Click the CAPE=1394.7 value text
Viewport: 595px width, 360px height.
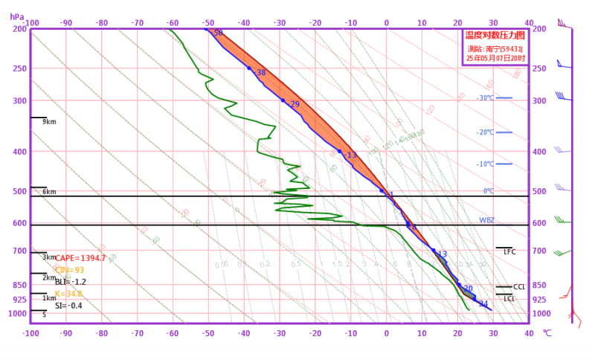(80, 258)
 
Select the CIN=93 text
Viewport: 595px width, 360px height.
(70, 270)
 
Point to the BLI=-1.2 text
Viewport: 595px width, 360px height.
(71, 282)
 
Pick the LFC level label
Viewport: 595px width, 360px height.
(509, 252)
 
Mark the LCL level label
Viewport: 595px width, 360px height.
(509, 299)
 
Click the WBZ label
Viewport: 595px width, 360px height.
(486, 220)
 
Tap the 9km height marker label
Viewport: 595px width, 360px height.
(50, 122)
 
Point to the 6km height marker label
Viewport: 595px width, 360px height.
(50, 192)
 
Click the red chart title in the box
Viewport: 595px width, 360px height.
(495, 35)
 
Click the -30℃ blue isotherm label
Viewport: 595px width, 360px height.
(485, 98)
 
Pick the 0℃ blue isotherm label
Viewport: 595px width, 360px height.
(489, 191)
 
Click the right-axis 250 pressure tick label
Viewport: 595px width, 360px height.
(540, 68)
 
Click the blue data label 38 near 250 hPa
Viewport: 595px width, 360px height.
(261, 73)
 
